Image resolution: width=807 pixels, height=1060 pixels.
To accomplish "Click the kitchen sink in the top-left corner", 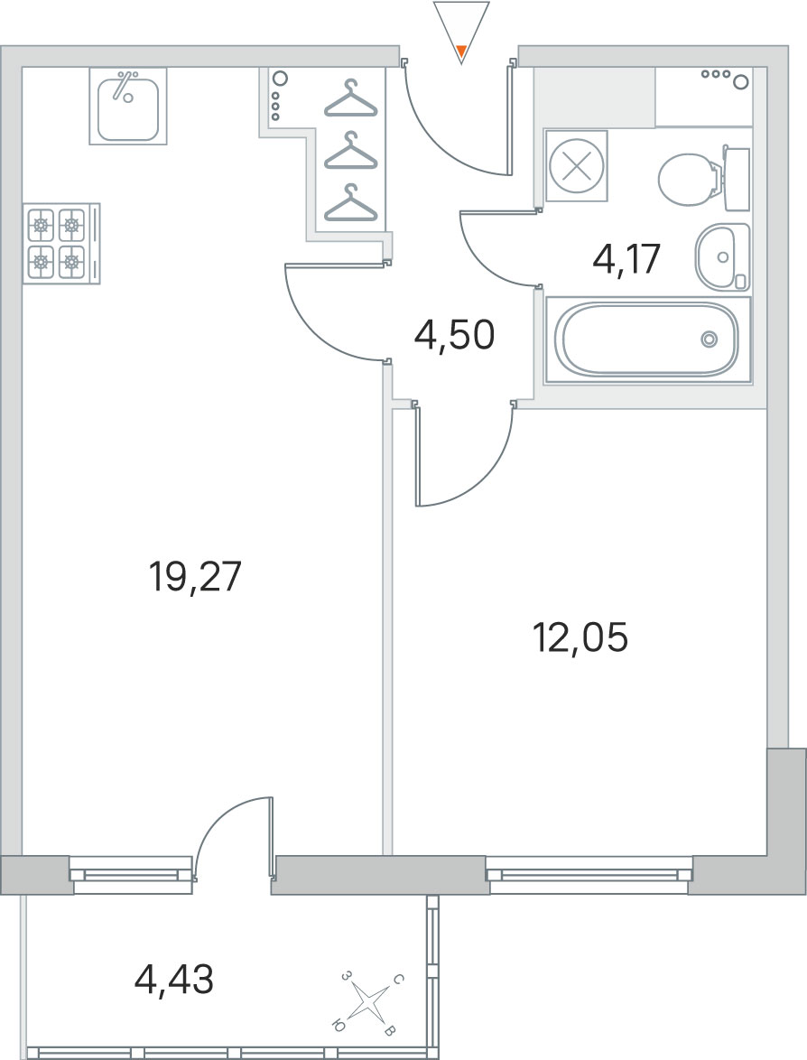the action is (128, 107).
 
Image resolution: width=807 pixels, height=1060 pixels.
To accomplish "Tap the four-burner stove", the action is (60, 244).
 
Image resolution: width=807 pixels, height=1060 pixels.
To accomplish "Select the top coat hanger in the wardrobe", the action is (351, 98).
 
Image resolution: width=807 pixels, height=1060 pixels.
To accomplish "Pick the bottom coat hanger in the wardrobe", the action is (351, 203).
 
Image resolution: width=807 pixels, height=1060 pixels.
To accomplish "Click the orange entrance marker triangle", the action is (461, 50).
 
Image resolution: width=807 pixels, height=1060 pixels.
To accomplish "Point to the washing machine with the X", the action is (577, 166).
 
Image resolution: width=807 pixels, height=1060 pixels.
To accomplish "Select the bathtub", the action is (647, 339).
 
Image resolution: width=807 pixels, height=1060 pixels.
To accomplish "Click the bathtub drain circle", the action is (709, 339).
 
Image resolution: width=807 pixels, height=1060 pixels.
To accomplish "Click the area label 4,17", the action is (626, 258).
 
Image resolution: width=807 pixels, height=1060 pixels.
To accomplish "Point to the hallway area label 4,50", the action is (455, 335).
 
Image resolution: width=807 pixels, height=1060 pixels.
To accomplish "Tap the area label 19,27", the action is (195, 577).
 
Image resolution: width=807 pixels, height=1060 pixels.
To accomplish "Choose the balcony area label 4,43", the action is (174, 978).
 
